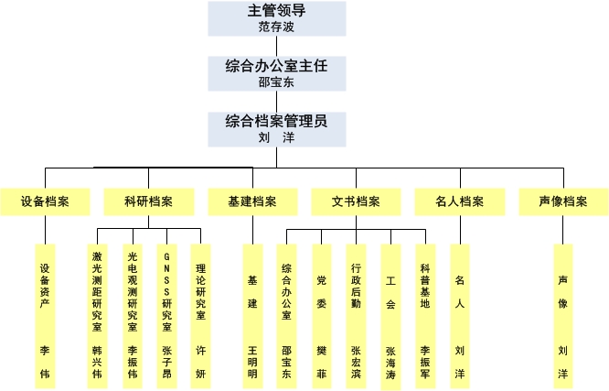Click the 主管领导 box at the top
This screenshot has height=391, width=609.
277,18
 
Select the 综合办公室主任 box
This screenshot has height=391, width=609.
277,73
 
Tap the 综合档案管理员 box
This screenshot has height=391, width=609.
277,129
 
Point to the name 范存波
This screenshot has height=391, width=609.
276,27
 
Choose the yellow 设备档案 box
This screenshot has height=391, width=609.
45,202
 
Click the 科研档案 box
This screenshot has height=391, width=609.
149,202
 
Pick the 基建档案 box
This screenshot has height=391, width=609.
253,202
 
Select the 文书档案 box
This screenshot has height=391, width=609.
356,202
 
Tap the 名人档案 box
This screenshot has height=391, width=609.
460,202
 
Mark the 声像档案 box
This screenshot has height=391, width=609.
563,202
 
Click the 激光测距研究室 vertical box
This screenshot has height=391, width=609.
97,316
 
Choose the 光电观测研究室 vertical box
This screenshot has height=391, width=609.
133,316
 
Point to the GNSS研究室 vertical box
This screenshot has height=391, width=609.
167,316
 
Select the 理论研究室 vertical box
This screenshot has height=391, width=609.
201,316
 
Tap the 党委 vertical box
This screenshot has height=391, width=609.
322,316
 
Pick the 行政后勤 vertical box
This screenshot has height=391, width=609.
356,316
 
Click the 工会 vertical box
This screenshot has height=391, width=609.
390,316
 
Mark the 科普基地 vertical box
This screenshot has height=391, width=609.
425,316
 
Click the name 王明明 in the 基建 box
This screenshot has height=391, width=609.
252,363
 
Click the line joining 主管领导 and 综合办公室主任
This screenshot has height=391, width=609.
276,47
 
